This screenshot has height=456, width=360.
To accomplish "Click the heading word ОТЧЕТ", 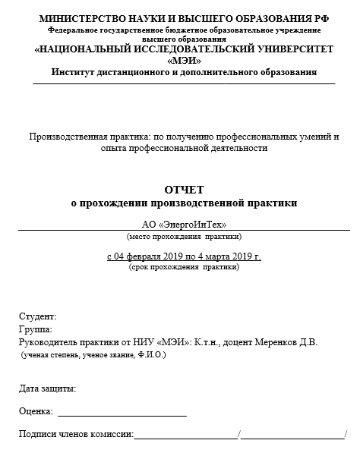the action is [184, 189].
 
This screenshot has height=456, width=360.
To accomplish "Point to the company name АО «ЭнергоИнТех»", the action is [184, 224].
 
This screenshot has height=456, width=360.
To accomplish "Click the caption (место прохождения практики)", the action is [184, 236].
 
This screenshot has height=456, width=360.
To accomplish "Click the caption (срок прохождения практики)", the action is [184, 268].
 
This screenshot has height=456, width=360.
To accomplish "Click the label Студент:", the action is [37, 316].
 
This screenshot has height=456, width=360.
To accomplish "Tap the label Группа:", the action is [35, 329].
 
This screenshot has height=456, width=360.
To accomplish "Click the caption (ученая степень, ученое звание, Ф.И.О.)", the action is [93, 354].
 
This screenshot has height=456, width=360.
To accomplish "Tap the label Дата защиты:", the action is [47, 388].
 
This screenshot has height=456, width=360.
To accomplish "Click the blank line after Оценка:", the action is [122, 414].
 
